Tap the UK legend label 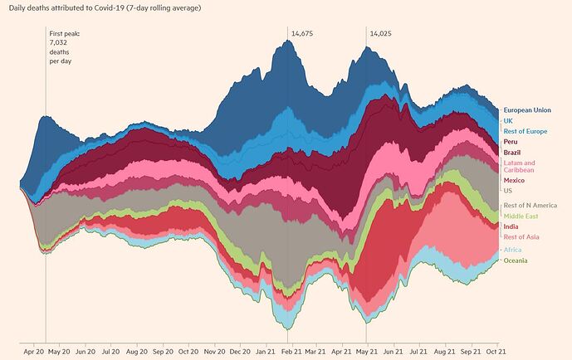pyautogui.click(x=508, y=120)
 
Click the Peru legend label pyautogui.click(x=511, y=142)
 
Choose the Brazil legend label pyautogui.click(x=512, y=153)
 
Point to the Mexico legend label pyautogui.click(x=515, y=180)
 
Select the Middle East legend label pyautogui.click(x=521, y=216)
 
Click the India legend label pyautogui.click(x=511, y=226)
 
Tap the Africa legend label pyautogui.click(x=513, y=250)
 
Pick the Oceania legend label pyautogui.click(x=516, y=260)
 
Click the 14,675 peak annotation pyautogui.click(x=302, y=33)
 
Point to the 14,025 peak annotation pyautogui.click(x=381, y=33)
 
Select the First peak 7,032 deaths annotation pyautogui.click(x=65, y=47)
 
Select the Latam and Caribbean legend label pyautogui.click(x=521, y=167)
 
